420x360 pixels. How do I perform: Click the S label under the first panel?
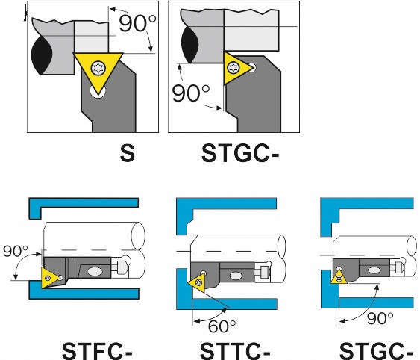(128, 153)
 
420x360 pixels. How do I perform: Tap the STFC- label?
(97, 351)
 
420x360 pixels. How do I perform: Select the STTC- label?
(235, 351)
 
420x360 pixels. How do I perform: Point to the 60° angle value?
(222, 326)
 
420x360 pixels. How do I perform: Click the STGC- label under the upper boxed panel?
(240, 153)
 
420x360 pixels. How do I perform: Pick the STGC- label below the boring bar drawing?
(376, 351)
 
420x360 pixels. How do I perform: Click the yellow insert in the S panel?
(98, 69)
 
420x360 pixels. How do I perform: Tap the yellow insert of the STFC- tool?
(51, 278)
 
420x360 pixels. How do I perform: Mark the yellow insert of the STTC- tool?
(198, 284)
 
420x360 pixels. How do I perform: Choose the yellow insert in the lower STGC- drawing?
(339, 277)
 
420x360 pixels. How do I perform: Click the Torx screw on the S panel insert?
(98, 68)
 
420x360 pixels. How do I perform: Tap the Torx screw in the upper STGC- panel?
(233, 68)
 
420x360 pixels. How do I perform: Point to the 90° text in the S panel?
(137, 24)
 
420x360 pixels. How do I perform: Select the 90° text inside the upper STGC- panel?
(191, 93)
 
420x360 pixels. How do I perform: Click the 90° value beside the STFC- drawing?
(16, 252)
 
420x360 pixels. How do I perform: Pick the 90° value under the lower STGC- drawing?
(380, 318)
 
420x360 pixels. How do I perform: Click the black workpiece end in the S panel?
(42, 55)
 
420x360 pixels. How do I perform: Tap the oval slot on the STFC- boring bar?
(95, 271)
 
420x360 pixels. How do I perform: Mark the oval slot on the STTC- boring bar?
(235, 276)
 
